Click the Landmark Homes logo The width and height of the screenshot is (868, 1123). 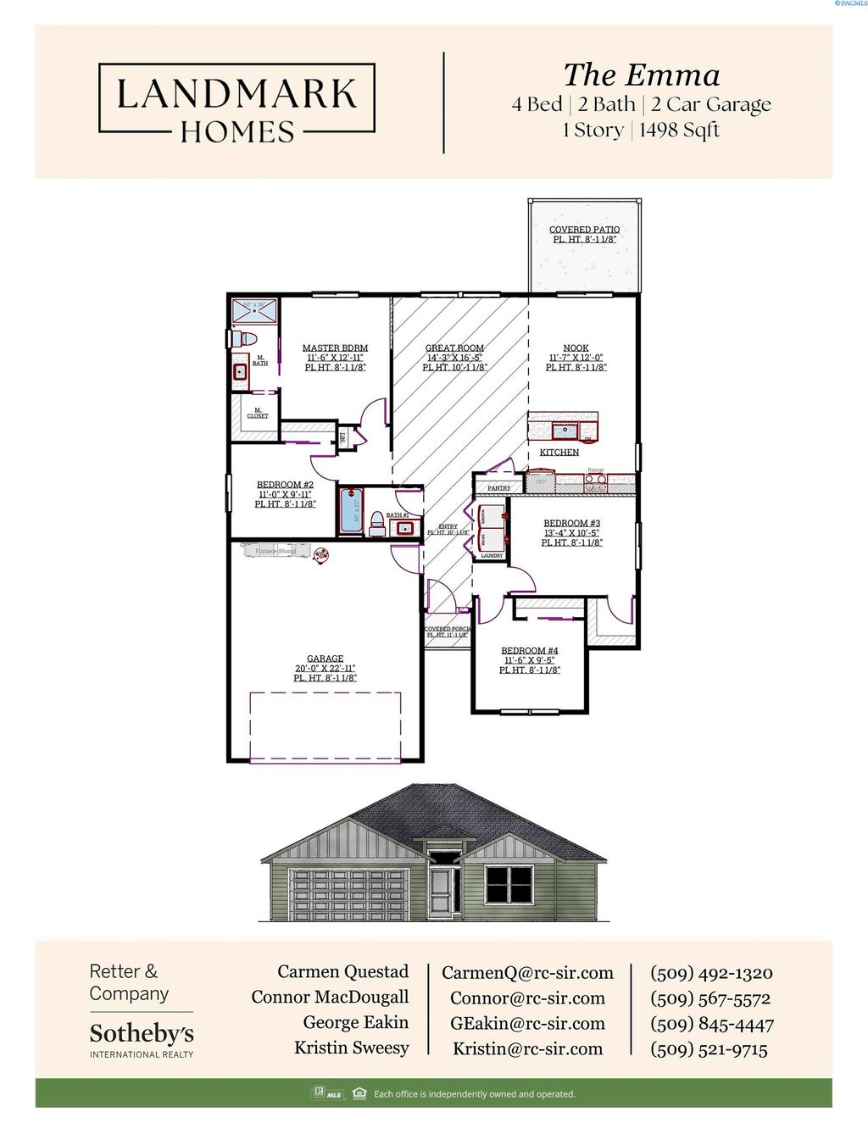coord(236,103)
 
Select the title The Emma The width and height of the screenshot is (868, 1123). coord(642,75)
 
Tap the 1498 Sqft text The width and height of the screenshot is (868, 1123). coord(679,131)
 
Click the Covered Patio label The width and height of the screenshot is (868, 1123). coord(584,230)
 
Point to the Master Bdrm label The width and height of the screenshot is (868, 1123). coord(335,348)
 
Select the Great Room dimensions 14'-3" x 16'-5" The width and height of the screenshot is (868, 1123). coord(454,358)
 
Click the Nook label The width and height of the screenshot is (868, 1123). coord(576,348)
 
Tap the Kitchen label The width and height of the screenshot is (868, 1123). coord(559,453)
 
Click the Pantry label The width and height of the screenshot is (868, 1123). coord(499,488)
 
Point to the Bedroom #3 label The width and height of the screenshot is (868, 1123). coord(571,524)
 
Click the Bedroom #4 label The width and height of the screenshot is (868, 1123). coord(529,651)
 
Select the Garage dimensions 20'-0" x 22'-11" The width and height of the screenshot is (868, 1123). coord(325,669)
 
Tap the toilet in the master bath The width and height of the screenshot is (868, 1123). coord(246,339)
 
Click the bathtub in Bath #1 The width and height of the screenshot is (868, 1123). coord(351,512)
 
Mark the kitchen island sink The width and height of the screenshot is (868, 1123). coord(565,431)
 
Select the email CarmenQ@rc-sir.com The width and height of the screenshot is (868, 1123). coord(527,973)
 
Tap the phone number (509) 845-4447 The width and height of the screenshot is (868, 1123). coord(711,1025)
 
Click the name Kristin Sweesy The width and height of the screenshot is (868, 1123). coord(351,1048)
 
